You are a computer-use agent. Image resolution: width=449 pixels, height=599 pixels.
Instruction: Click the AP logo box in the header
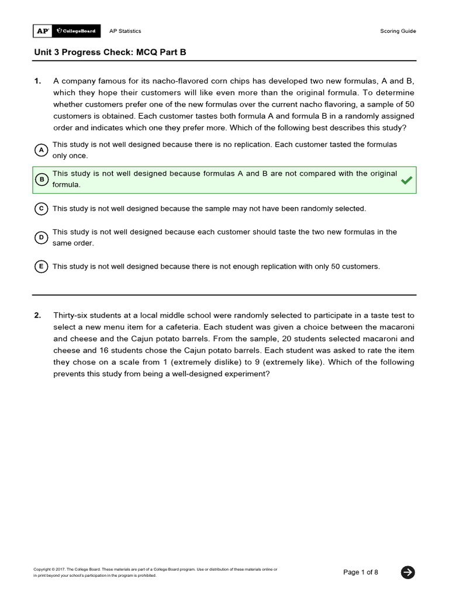point(42,31)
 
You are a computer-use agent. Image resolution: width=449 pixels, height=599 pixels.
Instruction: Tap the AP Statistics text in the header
point(125,31)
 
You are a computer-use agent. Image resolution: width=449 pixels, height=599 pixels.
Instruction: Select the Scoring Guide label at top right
point(398,31)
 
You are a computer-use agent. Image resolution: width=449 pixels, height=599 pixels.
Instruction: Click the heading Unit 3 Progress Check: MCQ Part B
point(110,52)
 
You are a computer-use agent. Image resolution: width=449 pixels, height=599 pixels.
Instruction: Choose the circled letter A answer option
point(41,150)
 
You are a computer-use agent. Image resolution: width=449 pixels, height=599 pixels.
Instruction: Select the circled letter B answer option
point(41,179)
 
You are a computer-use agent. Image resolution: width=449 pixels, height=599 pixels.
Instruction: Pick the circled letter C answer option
point(41,208)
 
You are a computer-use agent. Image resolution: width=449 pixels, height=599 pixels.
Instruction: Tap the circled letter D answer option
point(41,237)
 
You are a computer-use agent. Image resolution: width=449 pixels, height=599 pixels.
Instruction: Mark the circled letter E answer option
point(41,267)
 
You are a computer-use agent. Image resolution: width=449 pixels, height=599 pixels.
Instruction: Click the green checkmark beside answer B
point(406,180)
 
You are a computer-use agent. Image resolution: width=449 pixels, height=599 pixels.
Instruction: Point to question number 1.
point(37,81)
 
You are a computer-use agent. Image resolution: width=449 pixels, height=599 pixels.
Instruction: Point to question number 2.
point(37,315)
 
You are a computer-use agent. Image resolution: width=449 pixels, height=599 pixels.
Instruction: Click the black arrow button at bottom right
point(408,572)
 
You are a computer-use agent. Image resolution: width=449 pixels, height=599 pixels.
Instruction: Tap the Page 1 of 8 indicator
point(361,572)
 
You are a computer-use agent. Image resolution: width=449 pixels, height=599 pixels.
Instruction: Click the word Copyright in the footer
point(42,569)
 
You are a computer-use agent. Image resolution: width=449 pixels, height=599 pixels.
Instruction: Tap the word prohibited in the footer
point(146,575)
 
